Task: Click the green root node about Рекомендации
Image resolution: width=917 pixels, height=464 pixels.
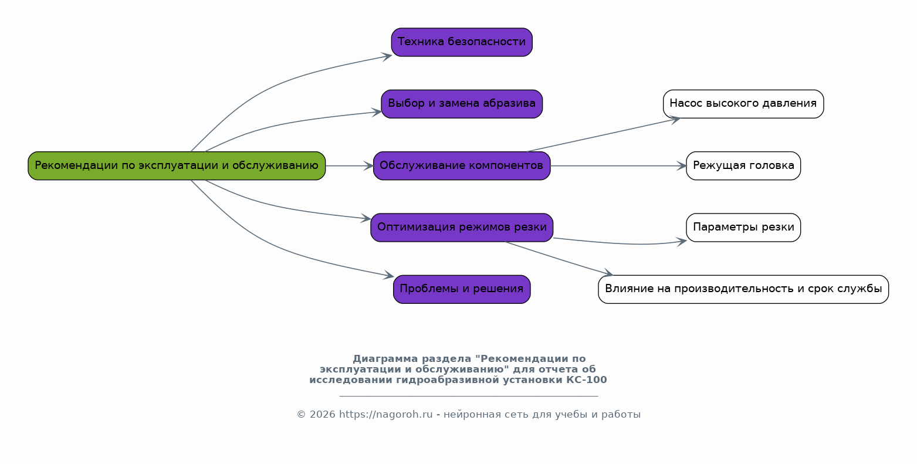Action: (177, 165)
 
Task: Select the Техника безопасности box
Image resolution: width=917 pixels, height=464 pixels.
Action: (462, 42)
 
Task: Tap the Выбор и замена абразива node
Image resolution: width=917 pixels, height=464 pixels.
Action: (462, 104)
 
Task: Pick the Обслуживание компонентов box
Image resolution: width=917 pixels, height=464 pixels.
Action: (462, 165)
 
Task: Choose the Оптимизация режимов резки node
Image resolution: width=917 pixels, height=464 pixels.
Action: (462, 228)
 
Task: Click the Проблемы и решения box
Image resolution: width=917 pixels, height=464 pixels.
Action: (462, 289)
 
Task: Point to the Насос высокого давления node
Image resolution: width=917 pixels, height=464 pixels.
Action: (743, 104)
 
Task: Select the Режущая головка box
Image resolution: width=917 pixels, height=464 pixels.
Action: (743, 165)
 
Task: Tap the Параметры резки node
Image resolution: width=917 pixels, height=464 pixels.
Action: (743, 228)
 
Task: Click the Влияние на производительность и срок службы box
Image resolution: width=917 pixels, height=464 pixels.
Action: (743, 289)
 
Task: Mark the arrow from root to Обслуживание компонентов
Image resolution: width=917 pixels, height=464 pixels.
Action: (349, 166)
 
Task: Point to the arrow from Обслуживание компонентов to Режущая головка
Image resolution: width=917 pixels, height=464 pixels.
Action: (618, 166)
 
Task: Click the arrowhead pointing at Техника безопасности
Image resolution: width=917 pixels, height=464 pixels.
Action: (387, 56)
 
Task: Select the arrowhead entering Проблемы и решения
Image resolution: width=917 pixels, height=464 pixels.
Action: (388, 275)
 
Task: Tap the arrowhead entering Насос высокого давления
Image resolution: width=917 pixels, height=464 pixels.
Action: (675, 119)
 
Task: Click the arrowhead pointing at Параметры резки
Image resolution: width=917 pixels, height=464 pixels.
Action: (682, 241)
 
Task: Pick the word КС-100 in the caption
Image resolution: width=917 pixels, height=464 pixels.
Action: (587, 380)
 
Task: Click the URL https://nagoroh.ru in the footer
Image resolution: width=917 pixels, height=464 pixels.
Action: (385, 415)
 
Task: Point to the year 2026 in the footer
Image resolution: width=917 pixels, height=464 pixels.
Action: (323, 415)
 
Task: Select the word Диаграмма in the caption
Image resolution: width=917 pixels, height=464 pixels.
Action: (379, 359)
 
